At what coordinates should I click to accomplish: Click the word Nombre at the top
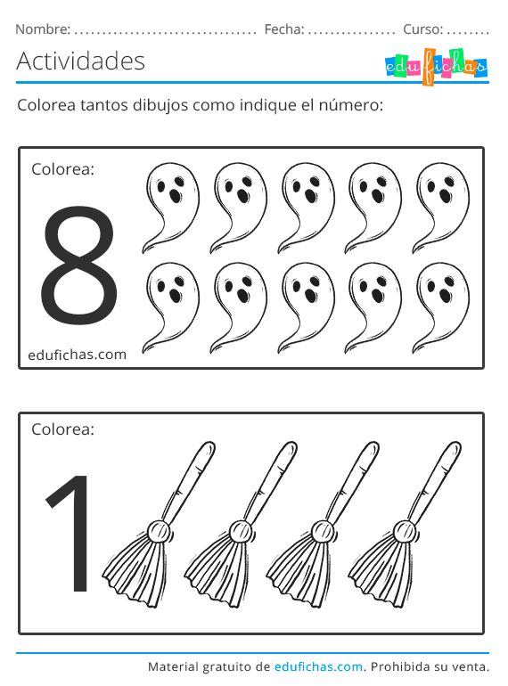[42, 29]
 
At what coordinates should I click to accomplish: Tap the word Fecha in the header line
[283, 29]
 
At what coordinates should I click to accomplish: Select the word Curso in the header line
[422, 29]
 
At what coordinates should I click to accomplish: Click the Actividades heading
[80, 61]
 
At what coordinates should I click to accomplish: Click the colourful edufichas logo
[436, 65]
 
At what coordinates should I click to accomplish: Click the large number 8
[78, 265]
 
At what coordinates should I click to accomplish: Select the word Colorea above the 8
[62, 168]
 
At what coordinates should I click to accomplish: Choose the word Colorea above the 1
[62, 429]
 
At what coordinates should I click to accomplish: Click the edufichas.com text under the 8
[77, 354]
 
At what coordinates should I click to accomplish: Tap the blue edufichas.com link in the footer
[318, 666]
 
